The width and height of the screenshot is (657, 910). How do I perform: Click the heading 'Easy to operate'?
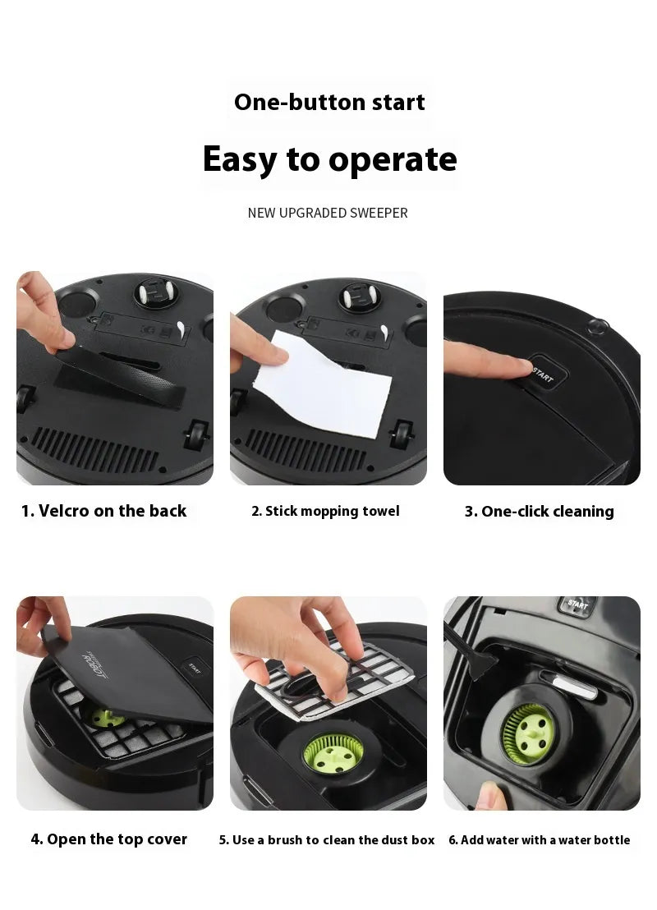click(x=329, y=159)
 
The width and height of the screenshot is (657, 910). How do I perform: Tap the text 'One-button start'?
click(x=329, y=103)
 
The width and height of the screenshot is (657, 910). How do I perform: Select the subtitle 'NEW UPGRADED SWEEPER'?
click(x=328, y=214)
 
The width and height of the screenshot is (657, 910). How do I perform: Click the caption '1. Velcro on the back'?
click(x=103, y=511)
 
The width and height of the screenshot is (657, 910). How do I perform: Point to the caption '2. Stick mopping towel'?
click(x=325, y=511)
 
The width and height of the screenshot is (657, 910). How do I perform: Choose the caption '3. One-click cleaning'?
click(x=539, y=512)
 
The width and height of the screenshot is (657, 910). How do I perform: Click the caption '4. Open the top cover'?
click(x=108, y=839)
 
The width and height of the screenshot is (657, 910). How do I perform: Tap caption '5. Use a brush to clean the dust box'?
click(x=327, y=840)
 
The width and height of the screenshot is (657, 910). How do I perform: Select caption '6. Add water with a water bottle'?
click(x=539, y=840)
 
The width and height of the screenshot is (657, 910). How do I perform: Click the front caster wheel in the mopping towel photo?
click(x=359, y=297)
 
